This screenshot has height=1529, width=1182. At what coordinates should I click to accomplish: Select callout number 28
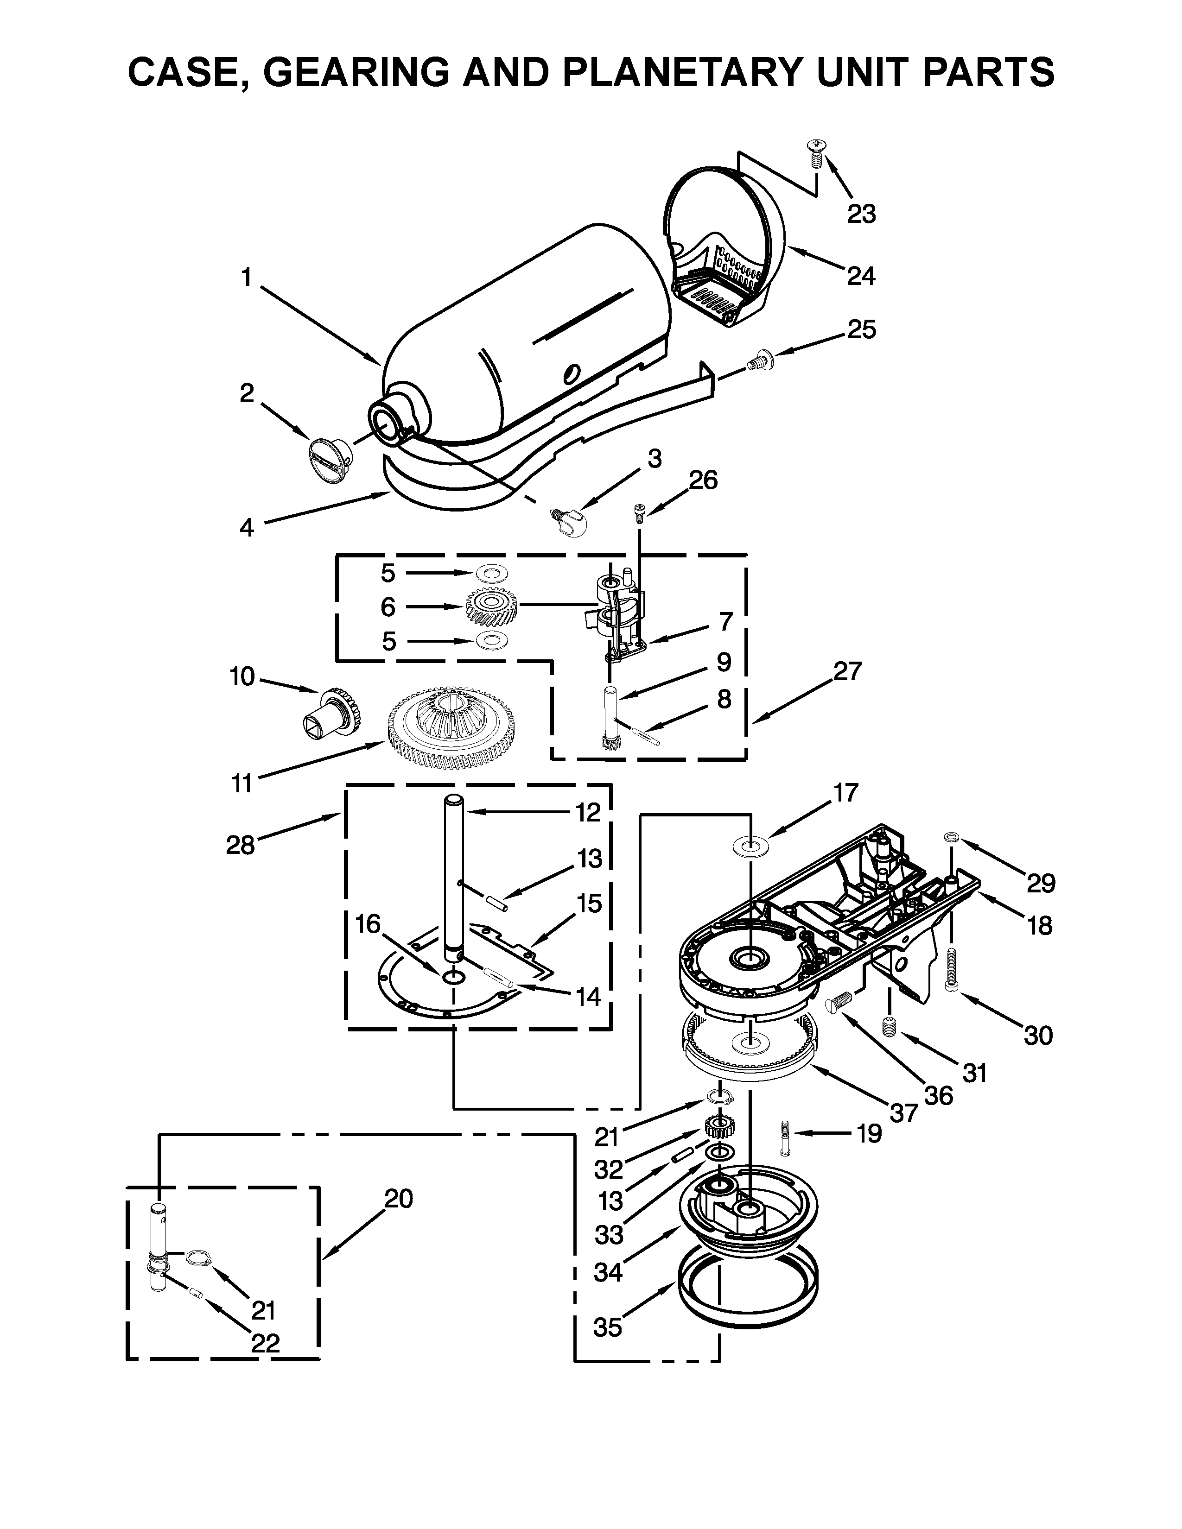pos(240,845)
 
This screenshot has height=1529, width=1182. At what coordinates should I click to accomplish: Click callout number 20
pos(399,1199)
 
